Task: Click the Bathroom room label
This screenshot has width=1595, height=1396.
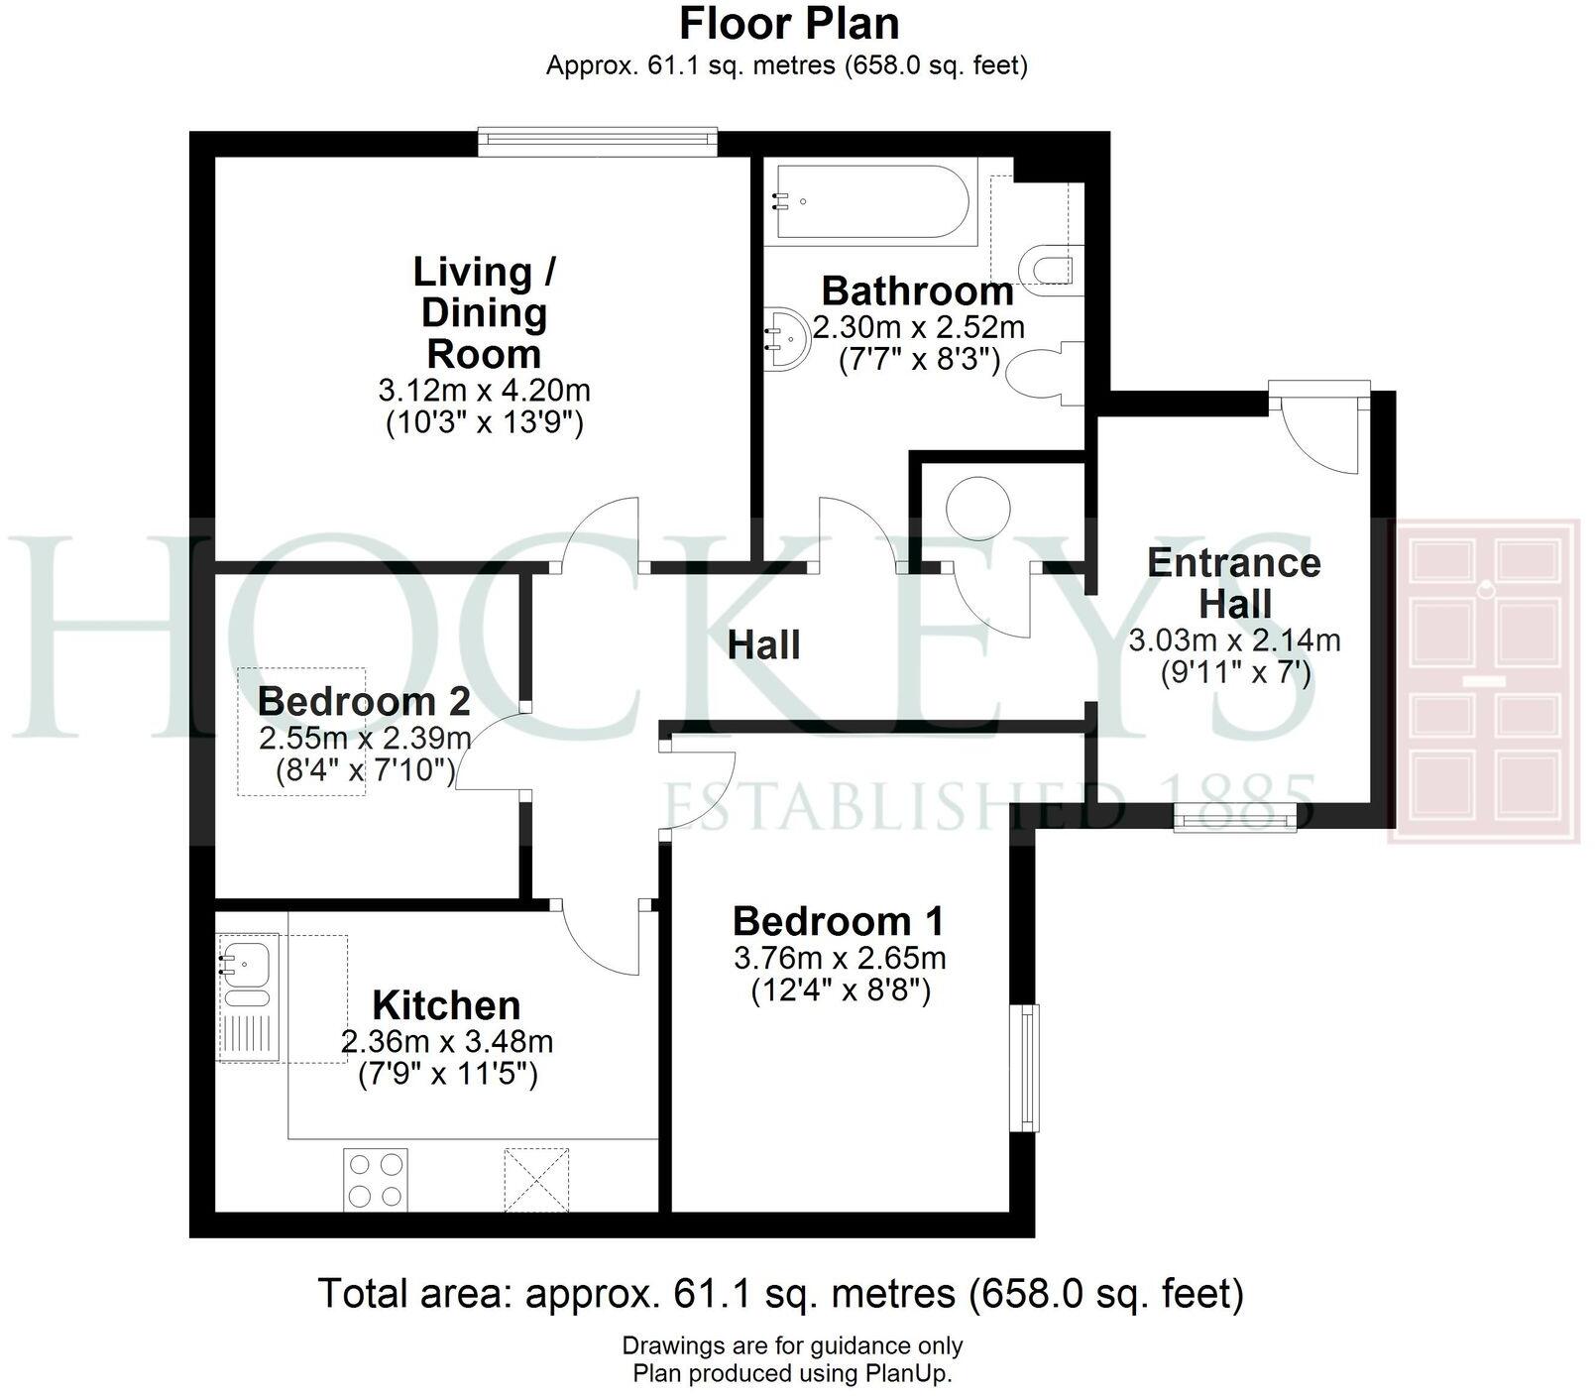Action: (918, 291)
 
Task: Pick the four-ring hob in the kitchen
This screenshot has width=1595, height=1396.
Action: (376, 1179)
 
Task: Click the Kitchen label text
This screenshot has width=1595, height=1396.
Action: (446, 1005)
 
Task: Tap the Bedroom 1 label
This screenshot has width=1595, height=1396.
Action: (839, 921)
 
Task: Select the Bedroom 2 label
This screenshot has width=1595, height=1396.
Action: (364, 702)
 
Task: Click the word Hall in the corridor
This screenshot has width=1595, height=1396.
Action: (763, 645)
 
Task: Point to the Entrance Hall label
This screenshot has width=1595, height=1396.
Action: (1234, 583)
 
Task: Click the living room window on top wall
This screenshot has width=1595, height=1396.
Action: (596, 142)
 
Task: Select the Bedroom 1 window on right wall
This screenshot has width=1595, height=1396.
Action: (1027, 1068)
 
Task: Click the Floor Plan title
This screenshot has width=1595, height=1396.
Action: (789, 24)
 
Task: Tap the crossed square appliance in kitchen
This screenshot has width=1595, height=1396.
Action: (536, 1179)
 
